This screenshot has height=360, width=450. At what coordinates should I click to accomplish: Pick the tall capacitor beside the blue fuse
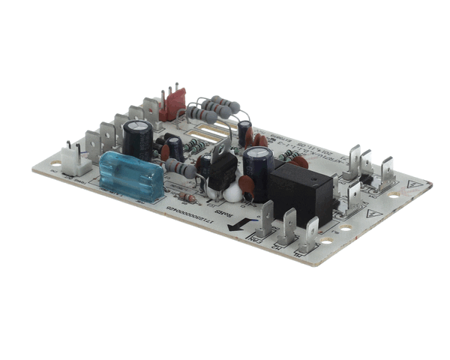(138, 139)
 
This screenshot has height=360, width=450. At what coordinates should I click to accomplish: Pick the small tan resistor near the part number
(187, 198)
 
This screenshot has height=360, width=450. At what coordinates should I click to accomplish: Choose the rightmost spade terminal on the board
(387, 170)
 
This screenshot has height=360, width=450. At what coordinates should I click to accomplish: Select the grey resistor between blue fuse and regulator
(181, 169)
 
